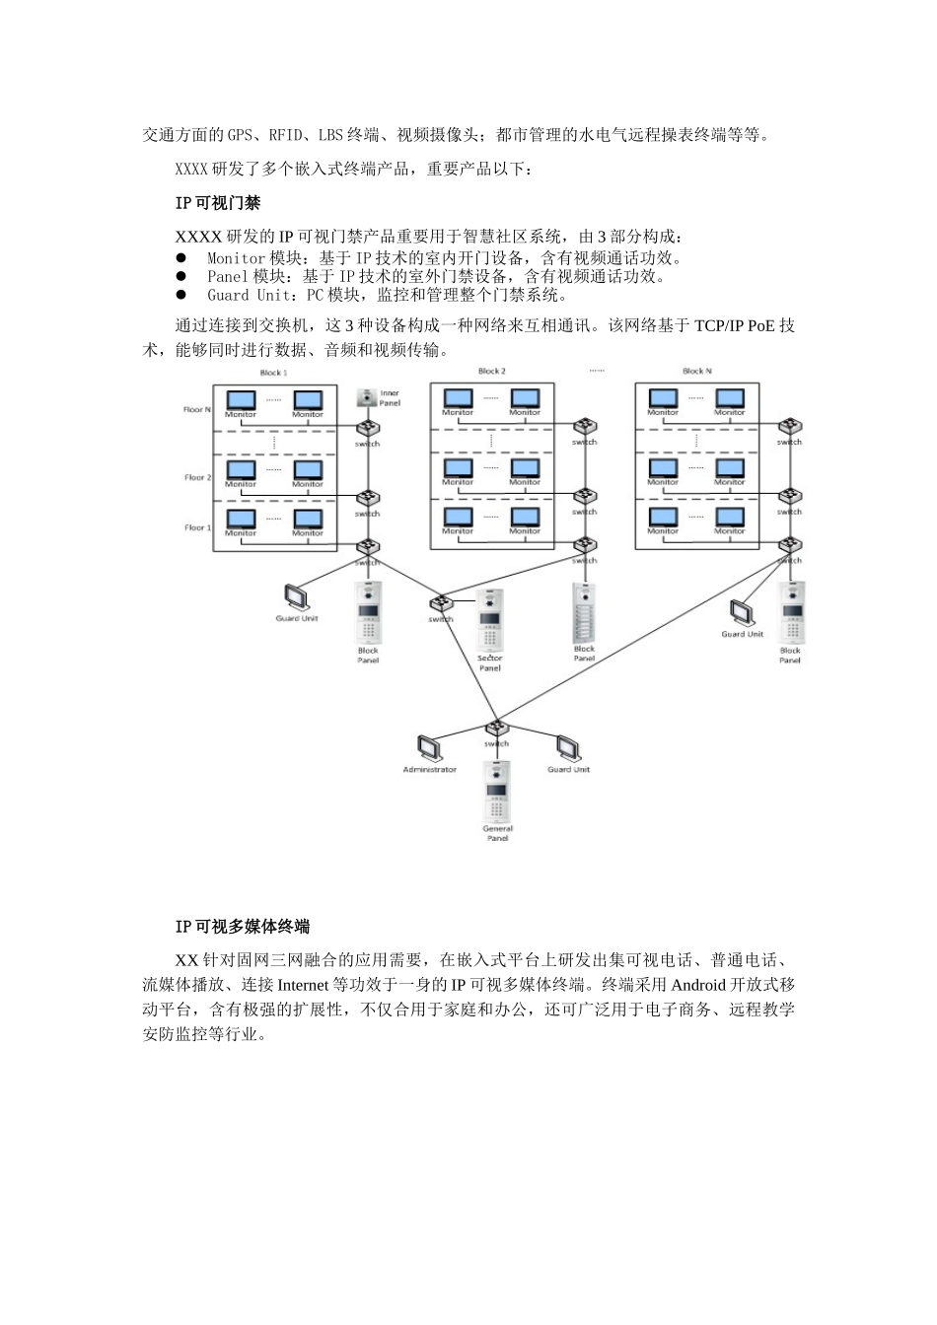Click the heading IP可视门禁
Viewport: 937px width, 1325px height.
[217, 203]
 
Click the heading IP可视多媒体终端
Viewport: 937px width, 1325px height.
[242, 927]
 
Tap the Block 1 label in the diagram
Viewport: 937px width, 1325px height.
[273, 374]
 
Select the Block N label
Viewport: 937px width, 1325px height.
[696, 372]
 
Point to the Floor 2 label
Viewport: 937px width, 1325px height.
[197, 477]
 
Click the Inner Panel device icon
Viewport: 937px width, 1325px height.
[367, 397]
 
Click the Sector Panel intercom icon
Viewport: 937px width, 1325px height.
[490, 620]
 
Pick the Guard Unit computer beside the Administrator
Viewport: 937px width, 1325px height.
[568, 746]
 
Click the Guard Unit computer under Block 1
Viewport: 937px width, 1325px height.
[295, 597]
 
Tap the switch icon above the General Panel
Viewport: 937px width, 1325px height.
[496, 730]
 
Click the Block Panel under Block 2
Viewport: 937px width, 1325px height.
[584, 611]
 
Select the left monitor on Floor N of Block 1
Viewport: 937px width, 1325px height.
[241, 399]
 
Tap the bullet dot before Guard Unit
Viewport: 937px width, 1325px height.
[181, 295]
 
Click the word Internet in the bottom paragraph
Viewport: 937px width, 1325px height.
[307, 985]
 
